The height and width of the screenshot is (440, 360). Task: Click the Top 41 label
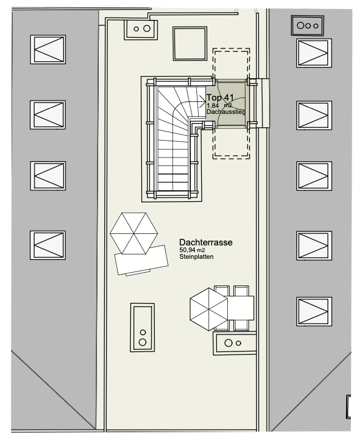click(220, 98)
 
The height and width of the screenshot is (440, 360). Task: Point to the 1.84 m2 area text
click(219, 105)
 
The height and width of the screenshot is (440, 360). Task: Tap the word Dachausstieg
click(226, 112)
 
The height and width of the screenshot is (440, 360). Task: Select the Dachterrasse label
click(205, 242)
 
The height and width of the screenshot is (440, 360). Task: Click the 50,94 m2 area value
click(192, 250)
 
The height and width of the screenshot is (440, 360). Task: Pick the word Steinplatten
click(196, 256)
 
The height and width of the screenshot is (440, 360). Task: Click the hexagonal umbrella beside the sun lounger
click(134, 233)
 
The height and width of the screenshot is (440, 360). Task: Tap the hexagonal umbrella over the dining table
click(208, 309)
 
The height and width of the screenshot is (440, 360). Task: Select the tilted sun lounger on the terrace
click(142, 260)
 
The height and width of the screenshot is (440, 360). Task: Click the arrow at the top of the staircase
click(202, 101)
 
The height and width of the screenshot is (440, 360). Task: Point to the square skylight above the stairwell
click(190, 44)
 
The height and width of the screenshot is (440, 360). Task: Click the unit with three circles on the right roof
click(307, 26)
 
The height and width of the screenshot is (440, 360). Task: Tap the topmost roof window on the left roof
click(48, 50)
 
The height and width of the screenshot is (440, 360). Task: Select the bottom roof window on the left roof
click(48, 245)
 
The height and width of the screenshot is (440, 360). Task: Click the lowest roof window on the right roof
click(314, 312)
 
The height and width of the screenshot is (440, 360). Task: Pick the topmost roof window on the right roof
click(314, 53)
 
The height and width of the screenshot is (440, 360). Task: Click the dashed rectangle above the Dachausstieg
click(231, 64)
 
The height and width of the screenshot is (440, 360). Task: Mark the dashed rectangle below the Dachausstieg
click(231, 144)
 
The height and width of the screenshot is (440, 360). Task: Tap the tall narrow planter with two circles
click(142, 327)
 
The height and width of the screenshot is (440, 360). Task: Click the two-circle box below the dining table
click(235, 343)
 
